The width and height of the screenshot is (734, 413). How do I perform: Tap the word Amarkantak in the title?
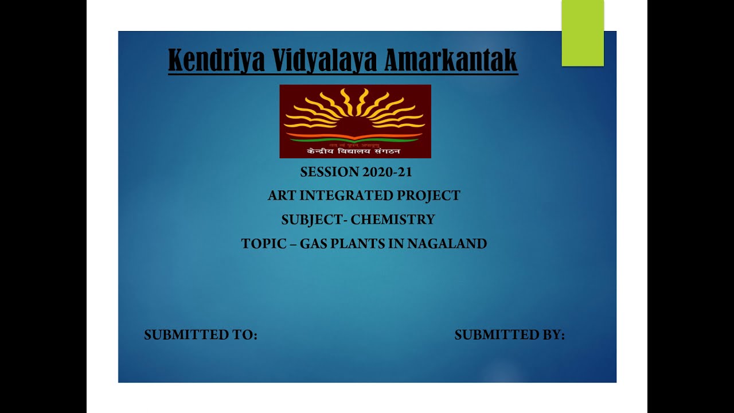click(x=451, y=60)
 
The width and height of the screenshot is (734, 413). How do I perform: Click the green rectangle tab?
click(x=583, y=33)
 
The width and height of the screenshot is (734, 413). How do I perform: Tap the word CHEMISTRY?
click(x=393, y=220)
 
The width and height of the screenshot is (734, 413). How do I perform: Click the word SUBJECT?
click(x=311, y=220)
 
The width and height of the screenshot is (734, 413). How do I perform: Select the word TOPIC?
click(x=264, y=244)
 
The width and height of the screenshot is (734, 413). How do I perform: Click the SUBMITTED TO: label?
click(x=201, y=335)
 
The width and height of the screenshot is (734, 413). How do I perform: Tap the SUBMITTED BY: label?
click(x=510, y=335)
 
